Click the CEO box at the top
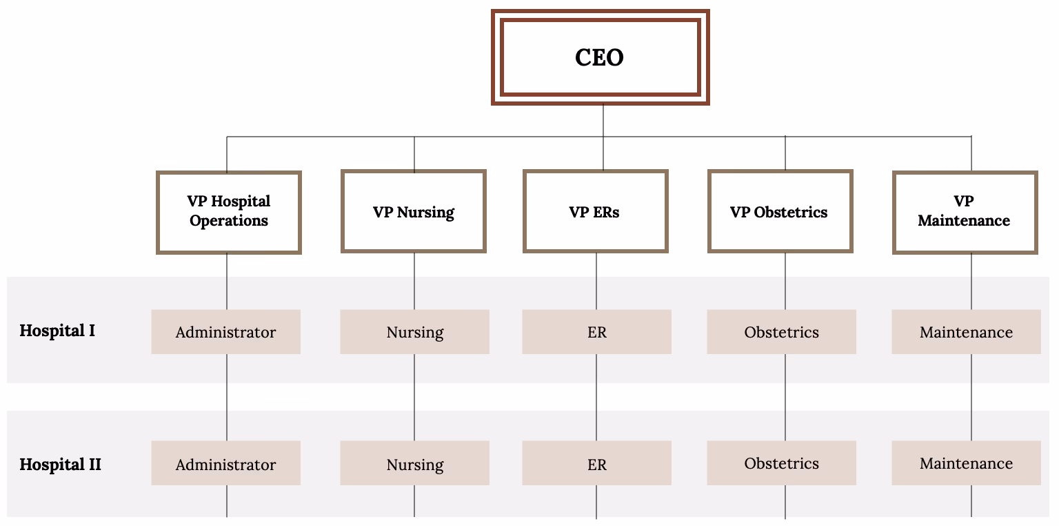[x=600, y=57]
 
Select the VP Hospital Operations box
[x=229, y=212]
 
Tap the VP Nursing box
[x=414, y=212]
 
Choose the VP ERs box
[x=596, y=212]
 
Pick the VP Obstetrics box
[x=780, y=212]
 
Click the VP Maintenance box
[x=965, y=212]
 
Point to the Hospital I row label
[x=57, y=331]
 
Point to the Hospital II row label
[x=60, y=465]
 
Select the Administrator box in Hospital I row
[x=225, y=332]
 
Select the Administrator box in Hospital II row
[x=225, y=464]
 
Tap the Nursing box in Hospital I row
[x=414, y=332]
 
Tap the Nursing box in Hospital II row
[x=414, y=464]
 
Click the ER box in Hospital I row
[x=596, y=332]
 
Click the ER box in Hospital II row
[x=596, y=464]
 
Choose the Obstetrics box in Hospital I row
[x=781, y=332]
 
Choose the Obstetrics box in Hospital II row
[x=781, y=463]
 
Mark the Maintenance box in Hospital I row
[x=966, y=332]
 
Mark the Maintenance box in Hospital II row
[x=966, y=463]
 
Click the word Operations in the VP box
[x=229, y=222]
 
